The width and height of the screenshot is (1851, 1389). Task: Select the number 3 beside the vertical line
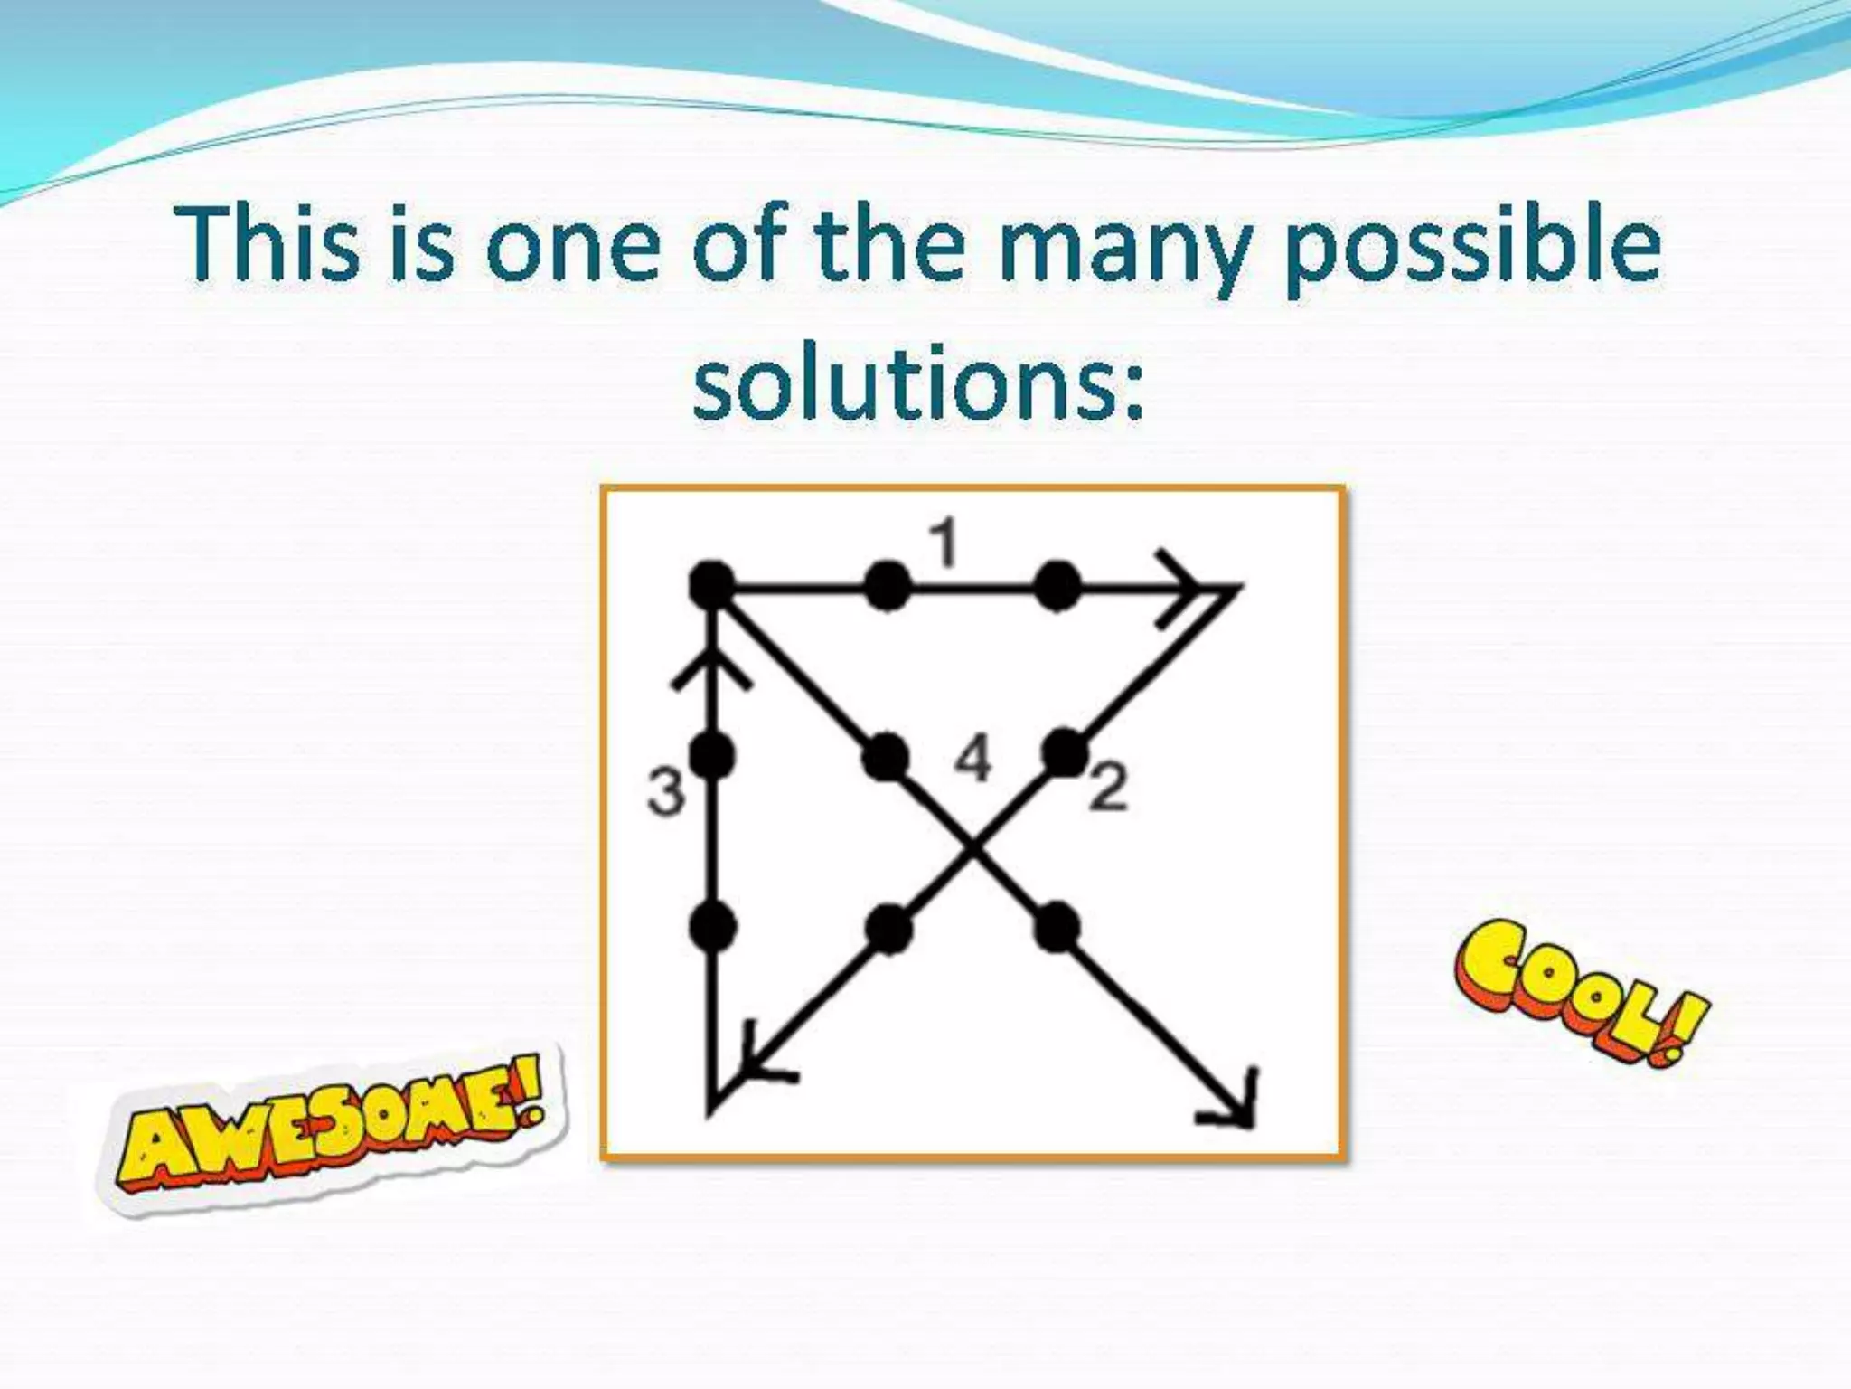pos(666,792)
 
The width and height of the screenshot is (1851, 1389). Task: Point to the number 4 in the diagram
pos(973,758)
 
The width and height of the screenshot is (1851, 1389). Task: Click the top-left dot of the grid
pos(712,586)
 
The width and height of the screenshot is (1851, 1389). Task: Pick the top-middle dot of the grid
pos(887,586)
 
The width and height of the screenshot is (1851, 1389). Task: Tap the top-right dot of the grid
pos(1057,586)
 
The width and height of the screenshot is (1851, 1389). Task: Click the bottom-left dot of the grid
pos(712,926)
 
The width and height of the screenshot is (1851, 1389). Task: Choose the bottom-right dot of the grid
pos(1057,927)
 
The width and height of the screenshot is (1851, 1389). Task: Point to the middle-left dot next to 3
pos(712,756)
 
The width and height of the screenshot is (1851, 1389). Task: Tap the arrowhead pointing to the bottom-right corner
pos(1238,1108)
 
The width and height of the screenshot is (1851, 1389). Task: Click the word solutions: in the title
pos(918,384)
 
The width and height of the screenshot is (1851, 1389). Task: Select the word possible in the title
pos(1472,245)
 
